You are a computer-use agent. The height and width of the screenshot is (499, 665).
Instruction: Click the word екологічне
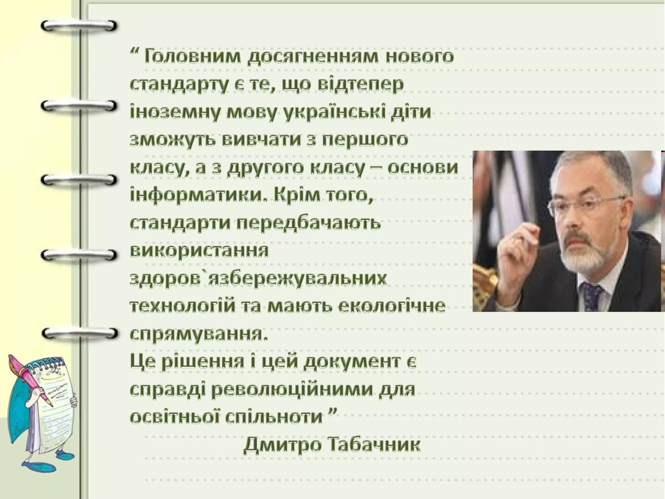(392, 307)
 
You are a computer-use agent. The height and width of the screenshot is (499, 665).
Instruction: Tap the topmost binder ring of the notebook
(79, 26)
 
